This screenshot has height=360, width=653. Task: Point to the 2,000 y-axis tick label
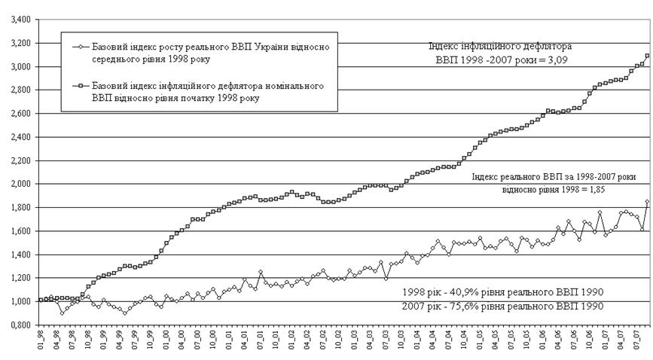[16, 185]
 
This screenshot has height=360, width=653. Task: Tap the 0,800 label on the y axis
[16, 325]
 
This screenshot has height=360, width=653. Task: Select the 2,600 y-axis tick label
[16, 114]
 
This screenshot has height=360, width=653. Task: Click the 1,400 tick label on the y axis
[16, 255]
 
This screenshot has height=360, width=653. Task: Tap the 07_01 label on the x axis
[259, 346]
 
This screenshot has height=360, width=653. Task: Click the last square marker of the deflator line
[647, 56]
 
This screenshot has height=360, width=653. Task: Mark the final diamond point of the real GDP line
[647, 201]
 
